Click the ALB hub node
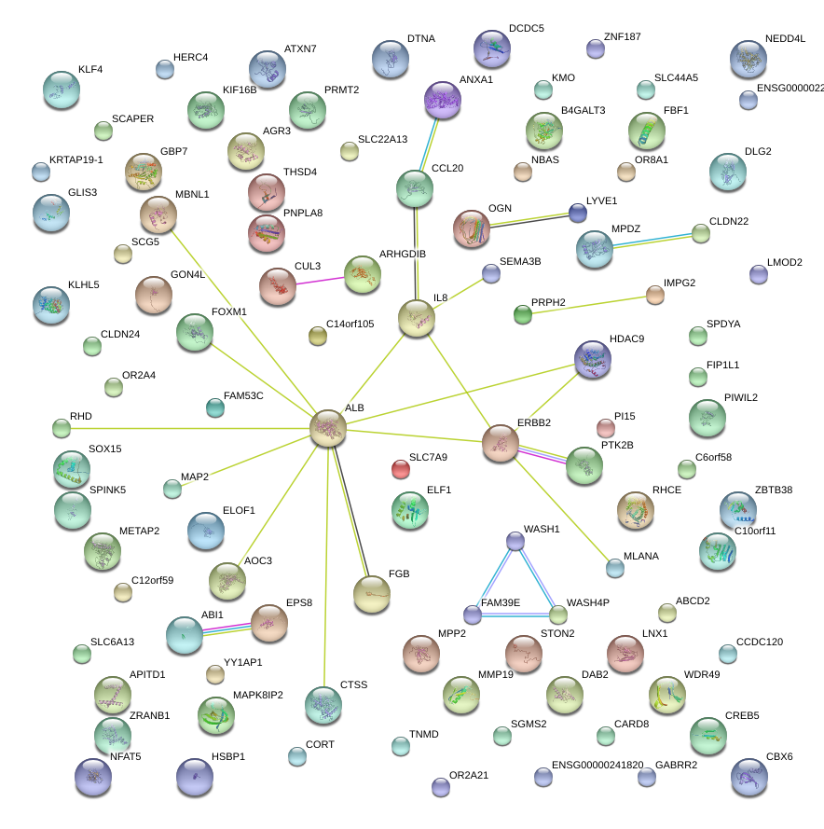328,427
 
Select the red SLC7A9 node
401,469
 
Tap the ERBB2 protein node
501,444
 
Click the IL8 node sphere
416,318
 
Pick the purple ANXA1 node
443,99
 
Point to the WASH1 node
515,541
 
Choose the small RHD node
62,428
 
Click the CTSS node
323,705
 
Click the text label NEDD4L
785,38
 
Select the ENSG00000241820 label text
597,765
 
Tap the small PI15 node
606,428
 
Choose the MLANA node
614,567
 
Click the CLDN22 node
702,233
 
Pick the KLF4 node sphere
62,89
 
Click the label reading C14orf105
350,324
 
